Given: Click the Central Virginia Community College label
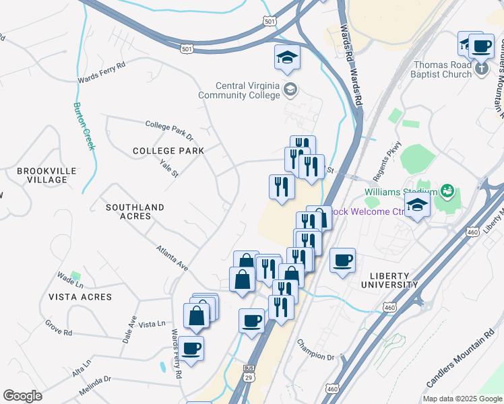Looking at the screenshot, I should coord(239,90).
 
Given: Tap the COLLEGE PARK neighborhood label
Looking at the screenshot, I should coord(168,151).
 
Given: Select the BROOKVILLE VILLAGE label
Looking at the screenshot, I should coord(42,175).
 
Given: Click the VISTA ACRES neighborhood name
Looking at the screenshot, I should coord(80,296).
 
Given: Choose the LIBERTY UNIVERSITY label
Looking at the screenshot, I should coord(394,280).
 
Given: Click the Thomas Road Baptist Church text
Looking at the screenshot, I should coord(442,70).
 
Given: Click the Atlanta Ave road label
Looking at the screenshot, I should coord(172,257).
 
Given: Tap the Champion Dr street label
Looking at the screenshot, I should coord(316,347).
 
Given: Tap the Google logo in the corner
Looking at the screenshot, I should coord(22,397).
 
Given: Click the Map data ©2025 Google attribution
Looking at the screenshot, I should coord(462,399).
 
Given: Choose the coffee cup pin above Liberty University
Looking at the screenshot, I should coord(343,260).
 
